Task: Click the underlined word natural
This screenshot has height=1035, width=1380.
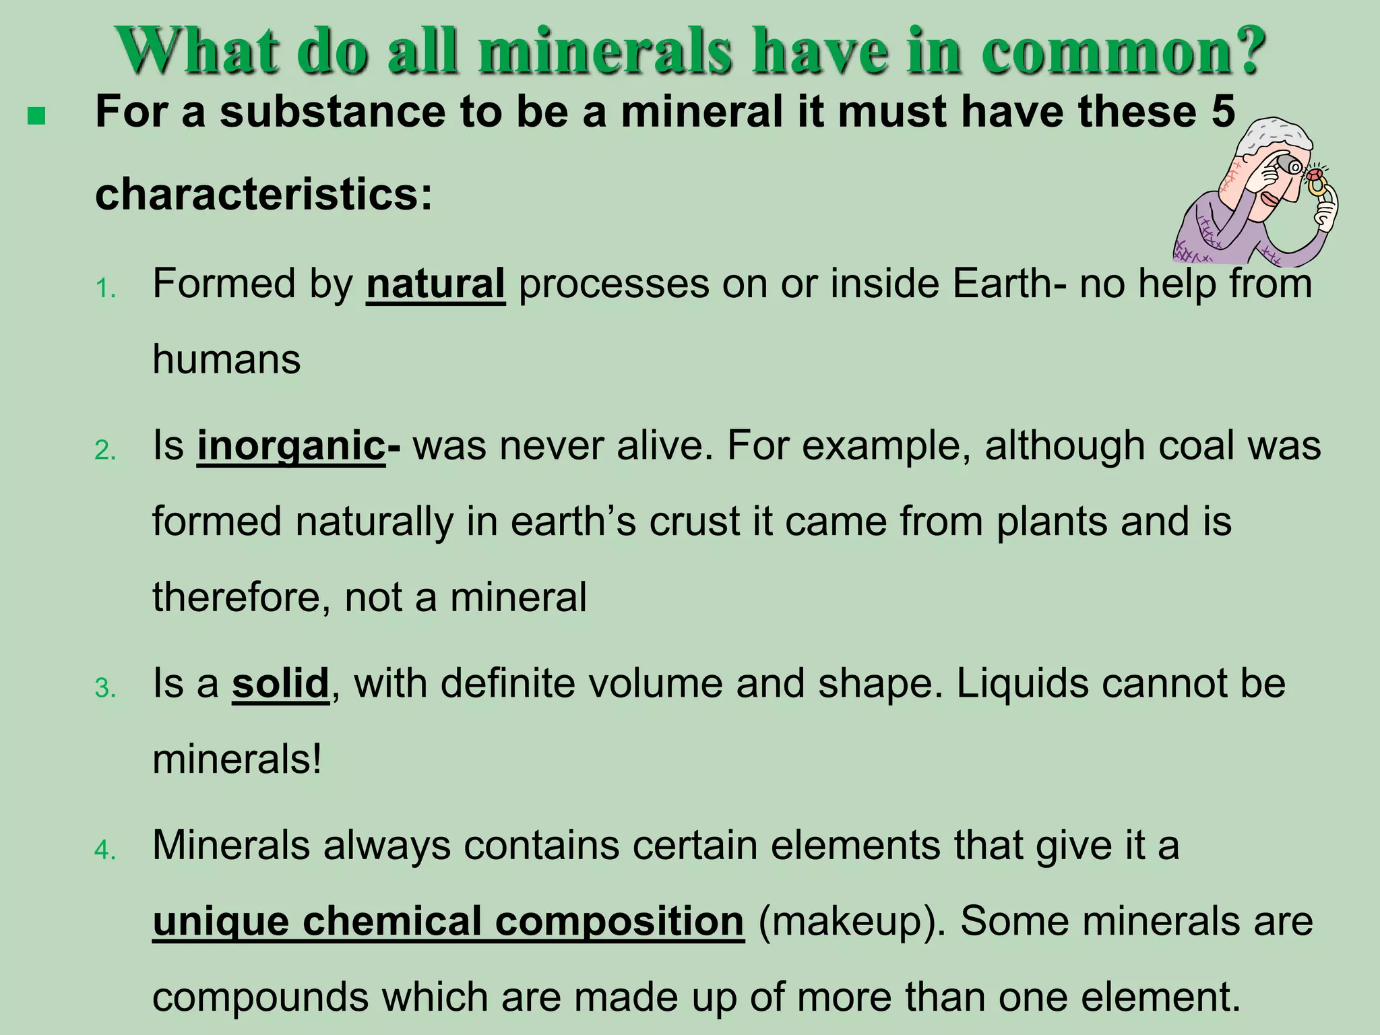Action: click(x=435, y=284)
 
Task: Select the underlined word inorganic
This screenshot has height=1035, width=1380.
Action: click(x=290, y=447)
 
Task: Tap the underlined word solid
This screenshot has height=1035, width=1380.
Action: click(x=280, y=683)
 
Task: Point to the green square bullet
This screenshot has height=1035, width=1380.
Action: click(x=36, y=117)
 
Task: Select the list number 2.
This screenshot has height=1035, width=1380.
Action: click(x=105, y=451)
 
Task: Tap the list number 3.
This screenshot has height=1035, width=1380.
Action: click(x=105, y=689)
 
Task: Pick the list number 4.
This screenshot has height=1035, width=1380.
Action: click(x=105, y=850)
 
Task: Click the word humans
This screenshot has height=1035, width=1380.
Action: click(x=226, y=359)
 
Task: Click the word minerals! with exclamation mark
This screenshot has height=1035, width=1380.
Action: click(x=237, y=759)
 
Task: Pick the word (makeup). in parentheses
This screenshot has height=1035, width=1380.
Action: click(x=852, y=921)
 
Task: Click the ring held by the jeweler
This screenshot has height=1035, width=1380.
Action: click(x=1315, y=185)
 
